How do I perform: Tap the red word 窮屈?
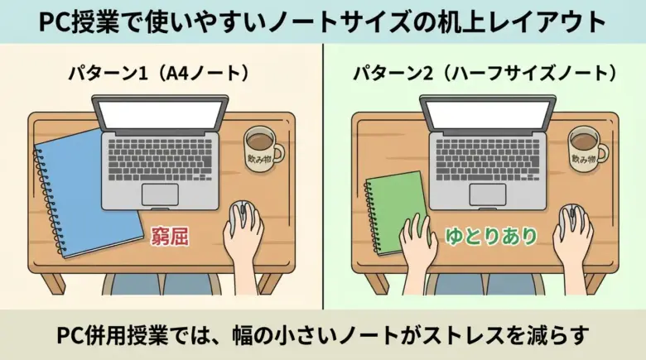[170, 237]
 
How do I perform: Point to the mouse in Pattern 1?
[243, 218]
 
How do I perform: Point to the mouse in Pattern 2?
[571, 220]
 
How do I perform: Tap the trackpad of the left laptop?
[160, 194]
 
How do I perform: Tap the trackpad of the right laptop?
[488, 194]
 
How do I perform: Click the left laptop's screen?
[160, 114]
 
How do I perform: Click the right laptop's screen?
[488, 114]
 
